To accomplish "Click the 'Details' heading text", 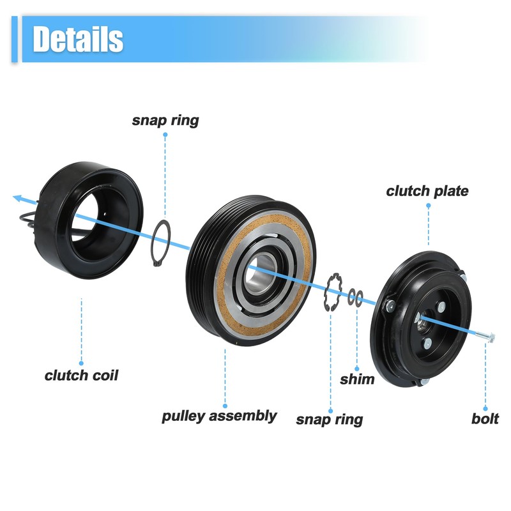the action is [x=78, y=39].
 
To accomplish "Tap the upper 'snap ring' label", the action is [x=165, y=120].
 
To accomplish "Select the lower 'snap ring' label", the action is [x=329, y=419].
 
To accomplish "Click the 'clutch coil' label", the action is [x=81, y=375].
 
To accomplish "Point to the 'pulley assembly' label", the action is [x=219, y=416].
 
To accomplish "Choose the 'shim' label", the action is [x=357, y=379].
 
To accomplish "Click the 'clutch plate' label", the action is [x=427, y=191].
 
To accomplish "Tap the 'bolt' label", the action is [x=485, y=419].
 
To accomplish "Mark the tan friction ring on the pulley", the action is [x=224, y=287].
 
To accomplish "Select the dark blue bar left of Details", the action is [x=15, y=40].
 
